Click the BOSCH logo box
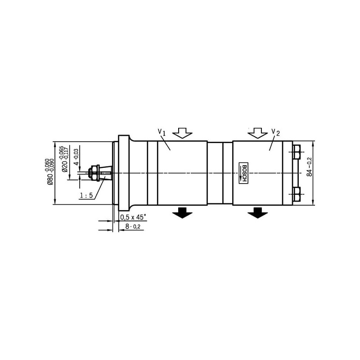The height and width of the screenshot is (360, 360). point(243,173)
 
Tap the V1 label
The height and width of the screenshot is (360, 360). point(162,132)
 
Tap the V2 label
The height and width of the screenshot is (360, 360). point(275,132)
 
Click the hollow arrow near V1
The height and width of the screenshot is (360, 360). point(182,133)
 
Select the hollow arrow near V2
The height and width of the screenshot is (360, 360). point(257,133)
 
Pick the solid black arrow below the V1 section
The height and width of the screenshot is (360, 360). point(182,212)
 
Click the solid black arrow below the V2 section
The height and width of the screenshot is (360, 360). point(257,212)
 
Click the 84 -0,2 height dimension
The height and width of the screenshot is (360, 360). point(310,166)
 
